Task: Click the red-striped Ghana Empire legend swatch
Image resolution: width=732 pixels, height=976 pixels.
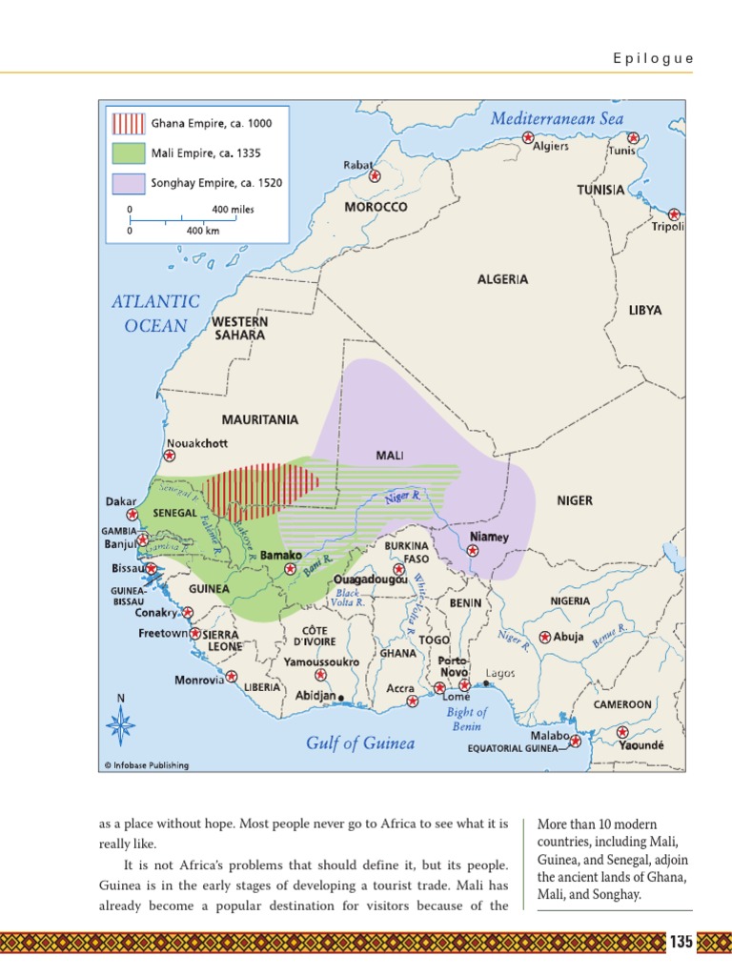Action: click(x=129, y=123)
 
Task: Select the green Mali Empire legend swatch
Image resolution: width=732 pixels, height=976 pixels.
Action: click(x=129, y=152)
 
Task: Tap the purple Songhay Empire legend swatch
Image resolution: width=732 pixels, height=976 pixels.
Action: click(x=129, y=182)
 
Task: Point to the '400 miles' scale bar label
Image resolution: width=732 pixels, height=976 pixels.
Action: click(x=233, y=209)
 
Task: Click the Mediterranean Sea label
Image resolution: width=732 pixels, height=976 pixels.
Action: click(x=557, y=118)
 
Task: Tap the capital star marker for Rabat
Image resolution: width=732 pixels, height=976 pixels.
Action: click(x=375, y=176)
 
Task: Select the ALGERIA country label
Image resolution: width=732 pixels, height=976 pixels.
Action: click(x=502, y=279)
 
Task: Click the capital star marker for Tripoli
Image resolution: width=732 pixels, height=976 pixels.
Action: click(x=674, y=214)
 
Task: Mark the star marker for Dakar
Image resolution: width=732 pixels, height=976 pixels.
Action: click(x=146, y=514)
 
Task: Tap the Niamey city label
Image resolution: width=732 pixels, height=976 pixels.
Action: click(x=489, y=537)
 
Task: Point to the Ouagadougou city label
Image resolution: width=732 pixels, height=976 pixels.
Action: click(x=370, y=579)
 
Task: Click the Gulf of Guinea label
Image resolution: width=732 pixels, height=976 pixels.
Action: click(x=360, y=743)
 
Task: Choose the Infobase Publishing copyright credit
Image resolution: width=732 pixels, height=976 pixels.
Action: click(x=146, y=764)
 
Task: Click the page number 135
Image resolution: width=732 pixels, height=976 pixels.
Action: click(x=681, y=943)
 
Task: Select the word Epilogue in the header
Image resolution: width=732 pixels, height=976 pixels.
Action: click(x=653, y=58)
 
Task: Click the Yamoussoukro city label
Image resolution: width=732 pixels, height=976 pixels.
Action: click(x=321, y=661)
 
